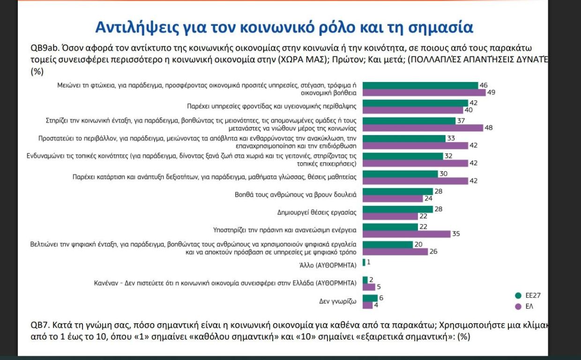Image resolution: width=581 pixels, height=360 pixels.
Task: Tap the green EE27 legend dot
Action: tap(518, 295)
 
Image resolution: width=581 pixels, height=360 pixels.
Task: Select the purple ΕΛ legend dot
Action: tap(518, 307)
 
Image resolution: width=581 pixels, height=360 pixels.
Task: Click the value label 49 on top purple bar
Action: tap(491, 92)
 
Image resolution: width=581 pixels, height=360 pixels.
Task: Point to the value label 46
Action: tap(484, 85)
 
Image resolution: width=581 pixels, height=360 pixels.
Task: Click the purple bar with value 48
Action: tap(423, 128)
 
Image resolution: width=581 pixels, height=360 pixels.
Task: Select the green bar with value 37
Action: tap(409, 121)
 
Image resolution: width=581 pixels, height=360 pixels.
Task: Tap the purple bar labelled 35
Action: tap(406, 234)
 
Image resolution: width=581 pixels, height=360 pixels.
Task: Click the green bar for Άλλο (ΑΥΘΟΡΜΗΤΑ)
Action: tap(364, 262)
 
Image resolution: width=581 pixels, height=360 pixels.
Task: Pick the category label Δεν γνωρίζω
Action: tap(337, 301)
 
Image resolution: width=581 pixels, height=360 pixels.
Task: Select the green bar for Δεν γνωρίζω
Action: tap(370, 298)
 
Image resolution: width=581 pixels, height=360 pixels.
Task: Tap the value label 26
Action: tap(433, 252)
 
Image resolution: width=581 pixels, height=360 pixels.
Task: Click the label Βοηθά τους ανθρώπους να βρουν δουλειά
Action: tap(296, 195)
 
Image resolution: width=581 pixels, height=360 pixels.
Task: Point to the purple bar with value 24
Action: tap(393, 198)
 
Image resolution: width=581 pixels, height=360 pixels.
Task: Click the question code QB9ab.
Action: tap(45, 48)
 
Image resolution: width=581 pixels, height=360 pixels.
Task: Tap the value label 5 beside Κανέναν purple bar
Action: tap(379, 287)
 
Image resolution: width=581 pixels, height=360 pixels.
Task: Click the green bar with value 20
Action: tap(387, 245)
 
